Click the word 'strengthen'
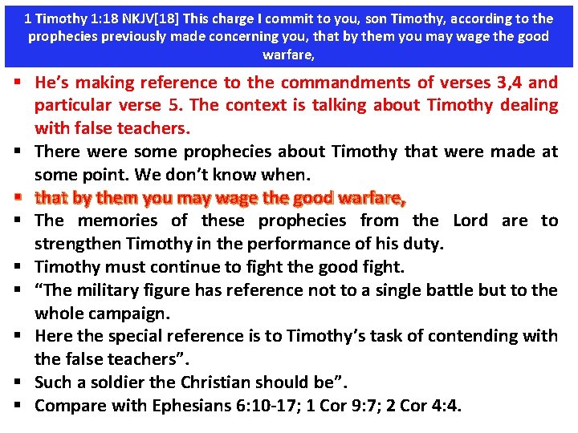79,244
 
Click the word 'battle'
459,290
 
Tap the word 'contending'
463,336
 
